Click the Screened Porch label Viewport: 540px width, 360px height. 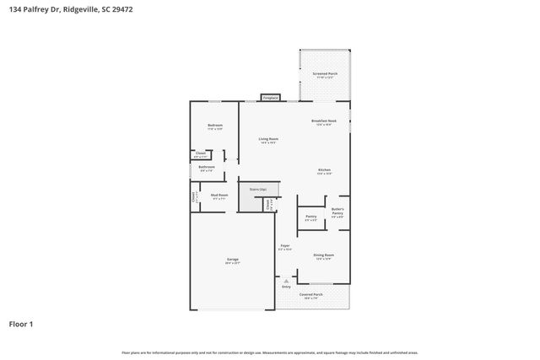[x=325, y=74]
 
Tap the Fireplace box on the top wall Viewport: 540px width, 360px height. [x=270, y=98]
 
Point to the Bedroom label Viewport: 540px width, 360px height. [x=215, y=126]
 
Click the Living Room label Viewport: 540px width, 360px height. [x=268, y=139]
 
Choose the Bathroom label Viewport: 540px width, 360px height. [x=207, y=167]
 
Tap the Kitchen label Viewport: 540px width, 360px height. [x=324, y=170]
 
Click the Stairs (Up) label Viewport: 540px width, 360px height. [x=257, y=189]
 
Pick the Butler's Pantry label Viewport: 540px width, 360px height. [x=337, y=212]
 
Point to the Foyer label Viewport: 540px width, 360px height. [x=285, y=246]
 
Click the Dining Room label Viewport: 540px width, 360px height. [x=324, y=255]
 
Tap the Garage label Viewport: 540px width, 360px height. [x=232, y=260]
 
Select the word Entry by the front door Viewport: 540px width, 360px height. [x=286, y=287]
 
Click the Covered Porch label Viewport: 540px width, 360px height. [x=313, y=295]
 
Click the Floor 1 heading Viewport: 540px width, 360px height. [x=21, y=324]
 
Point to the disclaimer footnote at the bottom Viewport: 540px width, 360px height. [x=270, y=352]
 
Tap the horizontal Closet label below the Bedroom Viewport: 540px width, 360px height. [x=200, y=154]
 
